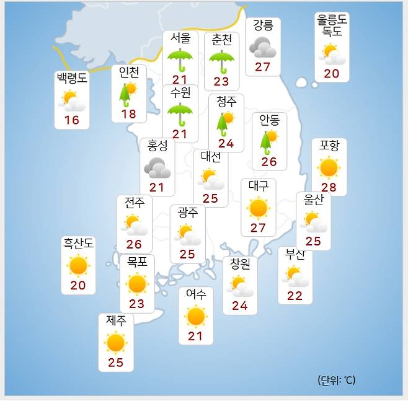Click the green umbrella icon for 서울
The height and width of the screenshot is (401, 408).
(180, 59)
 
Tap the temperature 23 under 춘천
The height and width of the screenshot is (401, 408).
(221, 81)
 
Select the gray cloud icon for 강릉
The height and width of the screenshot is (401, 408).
(262, 47)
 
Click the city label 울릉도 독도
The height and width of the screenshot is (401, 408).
(331, 25)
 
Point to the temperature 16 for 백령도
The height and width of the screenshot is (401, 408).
(72, 120)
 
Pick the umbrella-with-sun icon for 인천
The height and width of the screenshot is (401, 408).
(128, 94)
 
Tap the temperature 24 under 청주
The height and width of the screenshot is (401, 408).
(226, 144)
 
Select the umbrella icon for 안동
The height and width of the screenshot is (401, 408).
(268, 141)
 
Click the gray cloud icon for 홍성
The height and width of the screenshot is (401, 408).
(157, 167)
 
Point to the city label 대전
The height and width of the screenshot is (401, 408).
(210, 157)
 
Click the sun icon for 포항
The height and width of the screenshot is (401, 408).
(329, 167)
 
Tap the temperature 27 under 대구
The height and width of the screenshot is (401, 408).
(258, 227)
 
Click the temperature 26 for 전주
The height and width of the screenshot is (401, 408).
(134, 245)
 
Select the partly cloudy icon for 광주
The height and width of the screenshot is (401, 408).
(187, 235)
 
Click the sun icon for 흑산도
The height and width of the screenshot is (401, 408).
(78, 266)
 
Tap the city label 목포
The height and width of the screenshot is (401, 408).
(137, 262)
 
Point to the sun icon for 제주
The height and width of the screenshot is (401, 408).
(115, 342)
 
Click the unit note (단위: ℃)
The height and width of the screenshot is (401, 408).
(336, 380)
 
